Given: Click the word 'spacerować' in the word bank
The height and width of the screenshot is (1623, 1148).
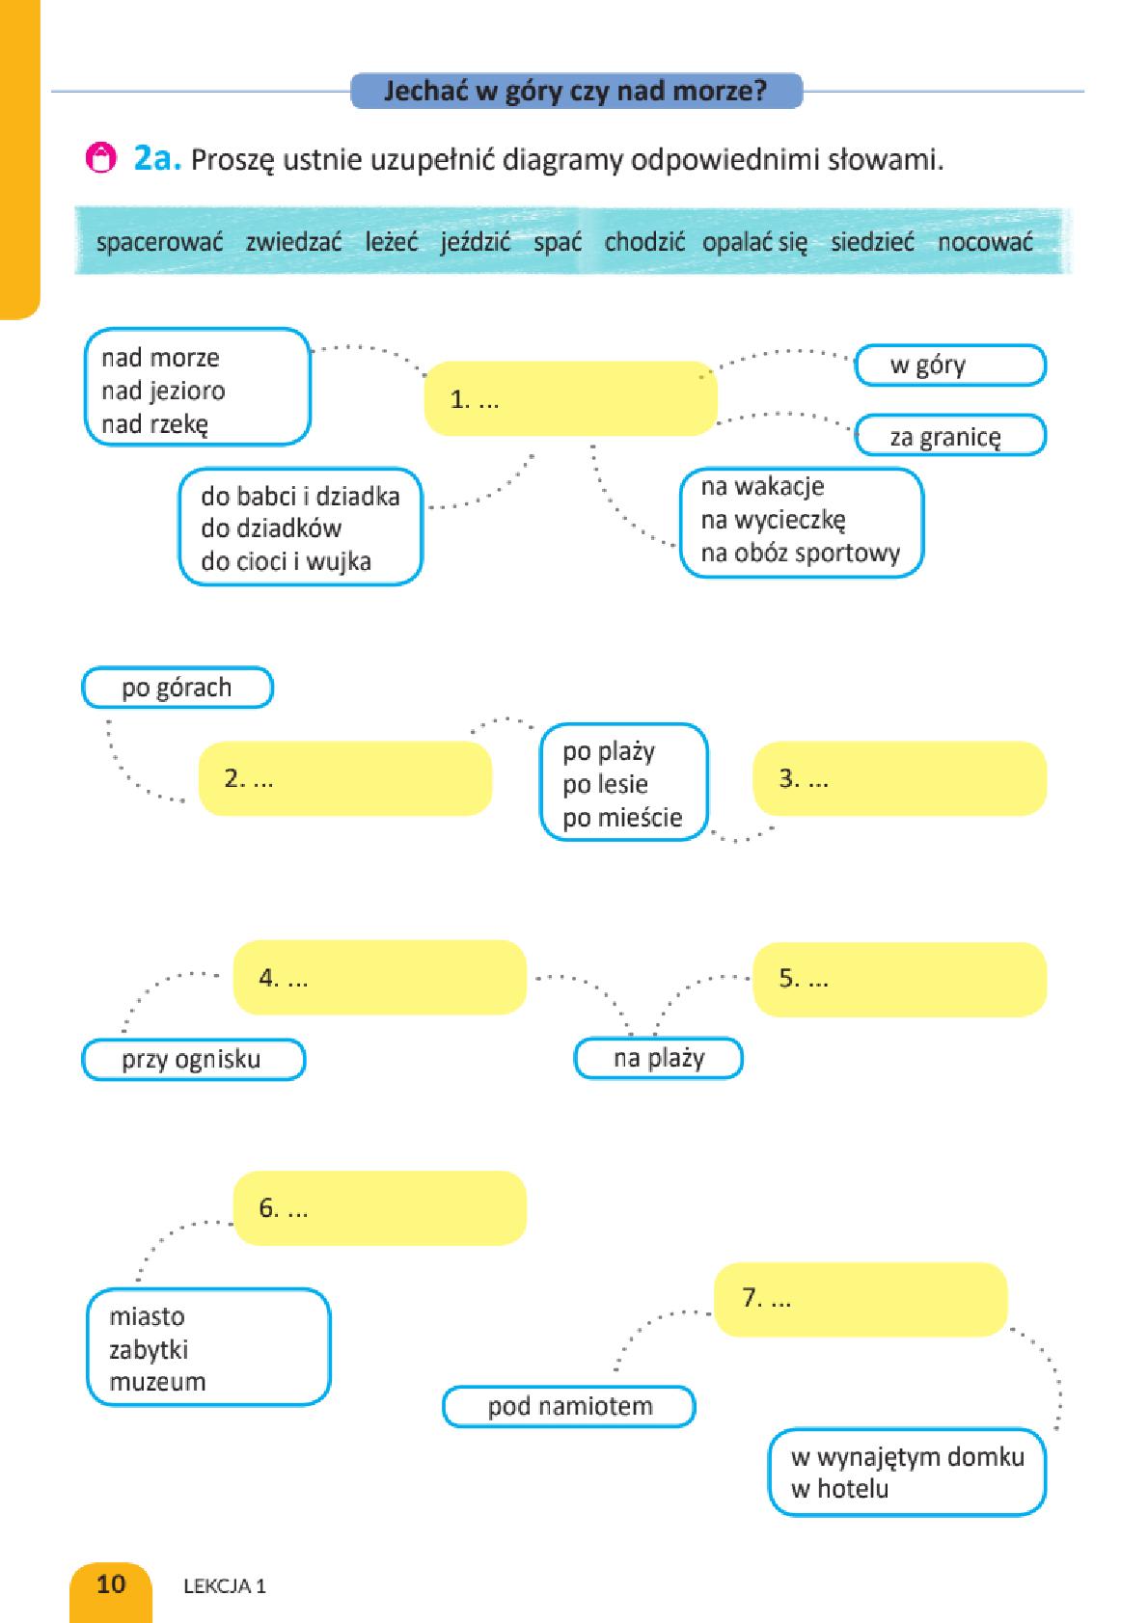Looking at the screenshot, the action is coord(159,242).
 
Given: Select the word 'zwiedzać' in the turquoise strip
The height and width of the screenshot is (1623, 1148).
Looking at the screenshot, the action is coord(293,242).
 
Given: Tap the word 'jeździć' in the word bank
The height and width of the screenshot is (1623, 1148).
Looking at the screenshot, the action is coord(476,242).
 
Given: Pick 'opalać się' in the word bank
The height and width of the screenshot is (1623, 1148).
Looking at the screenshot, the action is coord(754,243).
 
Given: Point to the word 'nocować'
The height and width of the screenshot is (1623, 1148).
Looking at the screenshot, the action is coord(985,242).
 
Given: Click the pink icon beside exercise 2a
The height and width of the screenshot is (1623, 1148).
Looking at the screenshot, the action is coord(100,157).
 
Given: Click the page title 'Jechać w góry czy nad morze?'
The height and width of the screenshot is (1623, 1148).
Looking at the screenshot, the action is coord(576,92).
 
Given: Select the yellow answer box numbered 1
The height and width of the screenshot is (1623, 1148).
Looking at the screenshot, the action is coord(570,397).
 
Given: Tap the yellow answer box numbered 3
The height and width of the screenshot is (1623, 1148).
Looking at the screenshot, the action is coord(899,778).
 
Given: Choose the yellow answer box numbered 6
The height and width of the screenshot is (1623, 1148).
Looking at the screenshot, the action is coord(380,1207).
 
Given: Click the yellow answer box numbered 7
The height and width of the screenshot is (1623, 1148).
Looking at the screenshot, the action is coord(861,1299).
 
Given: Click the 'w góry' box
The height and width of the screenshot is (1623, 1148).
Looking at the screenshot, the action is coord(950,365).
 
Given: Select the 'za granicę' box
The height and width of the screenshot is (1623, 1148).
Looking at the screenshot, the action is coord(950,435).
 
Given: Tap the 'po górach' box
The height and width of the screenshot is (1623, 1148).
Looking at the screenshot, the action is coord(178,688).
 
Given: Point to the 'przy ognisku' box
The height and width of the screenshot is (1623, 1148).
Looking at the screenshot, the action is coord(194,1059).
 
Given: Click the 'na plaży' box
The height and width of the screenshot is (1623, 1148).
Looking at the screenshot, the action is coord(659,1058).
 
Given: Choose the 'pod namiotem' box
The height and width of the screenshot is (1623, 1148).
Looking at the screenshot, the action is coord(569,1406).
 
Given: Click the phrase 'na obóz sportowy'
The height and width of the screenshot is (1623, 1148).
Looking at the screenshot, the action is coord(800,553).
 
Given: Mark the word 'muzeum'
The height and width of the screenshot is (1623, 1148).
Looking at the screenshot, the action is coord(157,1382).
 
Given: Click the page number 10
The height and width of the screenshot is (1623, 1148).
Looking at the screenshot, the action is coord(111,1583).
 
